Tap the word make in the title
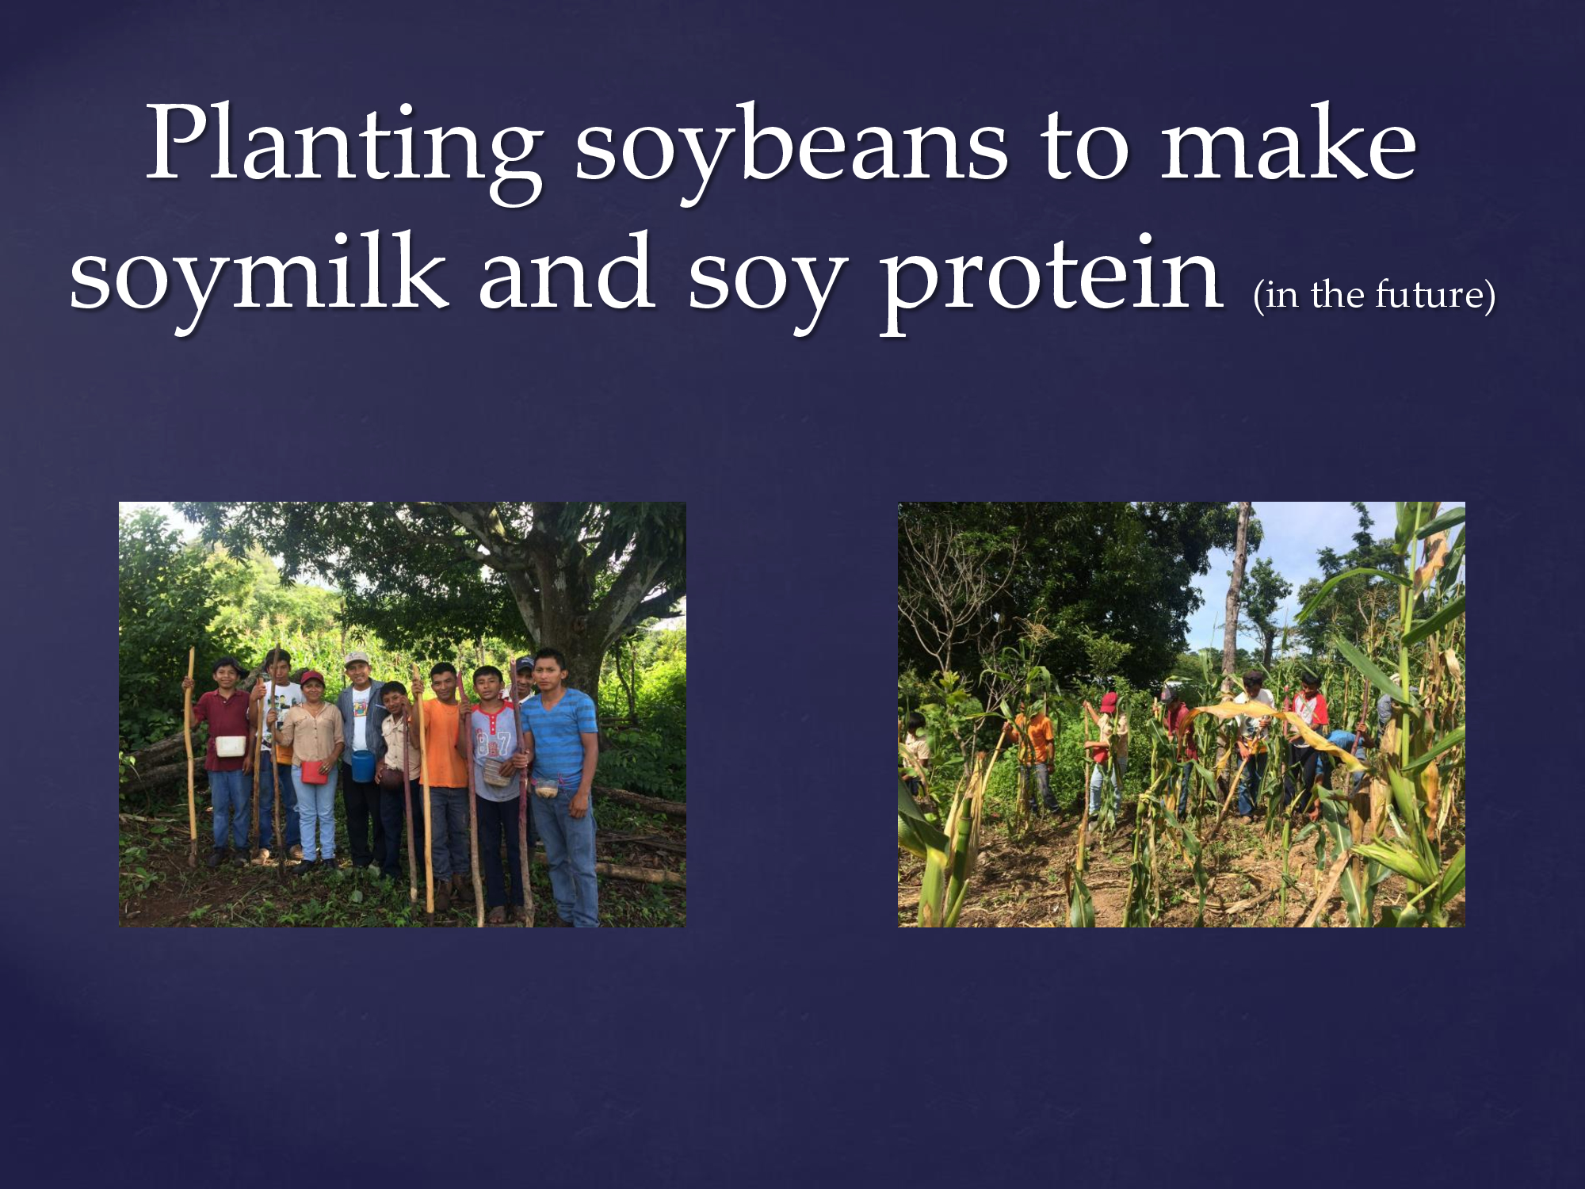point(1288,143)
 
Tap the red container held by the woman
point(314,771)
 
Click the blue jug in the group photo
point(363,766)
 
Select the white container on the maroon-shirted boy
point(231,746)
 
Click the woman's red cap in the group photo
point(311,679)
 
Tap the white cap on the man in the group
point(357,659)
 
